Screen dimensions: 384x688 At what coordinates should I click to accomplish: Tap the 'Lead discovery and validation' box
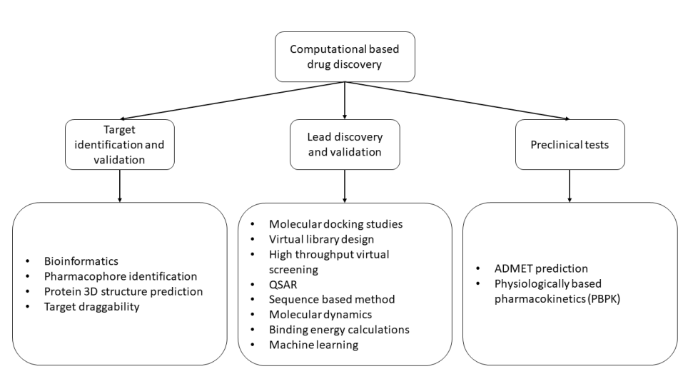(x=345, y=143)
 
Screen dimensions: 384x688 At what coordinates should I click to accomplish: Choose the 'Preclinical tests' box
(x=570, y=144)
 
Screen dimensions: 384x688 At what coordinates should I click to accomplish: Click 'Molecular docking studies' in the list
(x=335, y=224)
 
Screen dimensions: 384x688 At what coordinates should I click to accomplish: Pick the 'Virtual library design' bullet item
(x=322, y=239)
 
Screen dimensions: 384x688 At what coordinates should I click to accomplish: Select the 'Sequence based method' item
(x=332, y=299)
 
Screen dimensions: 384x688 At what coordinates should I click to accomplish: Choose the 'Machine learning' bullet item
(x=314, y=345)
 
